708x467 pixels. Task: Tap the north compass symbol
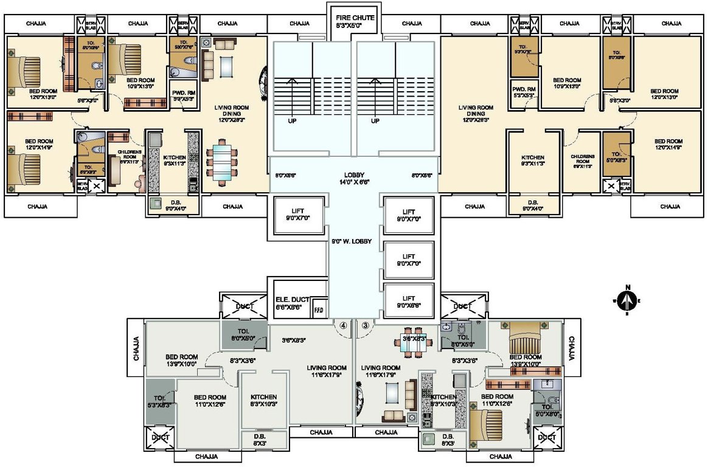(628, 300)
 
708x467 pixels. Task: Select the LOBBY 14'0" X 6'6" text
(355, 178)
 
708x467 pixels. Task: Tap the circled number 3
(365, 325)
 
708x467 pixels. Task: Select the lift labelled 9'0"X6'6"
(409, 302)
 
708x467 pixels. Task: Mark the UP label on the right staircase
(375, 121)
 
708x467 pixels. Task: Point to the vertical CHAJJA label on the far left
(137, 348)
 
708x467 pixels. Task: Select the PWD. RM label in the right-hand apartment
(523, 92)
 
